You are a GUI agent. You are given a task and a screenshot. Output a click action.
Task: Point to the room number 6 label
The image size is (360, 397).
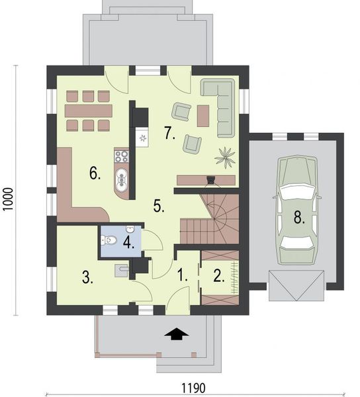(x=95, y=174)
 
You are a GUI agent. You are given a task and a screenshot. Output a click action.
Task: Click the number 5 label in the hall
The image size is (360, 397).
(x=159, y=206)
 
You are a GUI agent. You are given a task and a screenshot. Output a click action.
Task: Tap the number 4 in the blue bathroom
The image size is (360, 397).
(x=128, y=242)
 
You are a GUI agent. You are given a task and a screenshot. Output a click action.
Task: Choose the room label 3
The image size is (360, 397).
(x=87, y=277)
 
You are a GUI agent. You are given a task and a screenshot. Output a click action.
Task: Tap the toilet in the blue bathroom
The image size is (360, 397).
(x=111, y=240)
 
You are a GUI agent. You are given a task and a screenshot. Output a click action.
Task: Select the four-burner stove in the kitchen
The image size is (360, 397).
(x=122, y=157)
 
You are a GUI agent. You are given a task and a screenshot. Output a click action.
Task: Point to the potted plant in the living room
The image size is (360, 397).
(x=226, y=157)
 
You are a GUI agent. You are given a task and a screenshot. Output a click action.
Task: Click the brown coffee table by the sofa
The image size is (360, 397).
(x=202, y=115)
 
